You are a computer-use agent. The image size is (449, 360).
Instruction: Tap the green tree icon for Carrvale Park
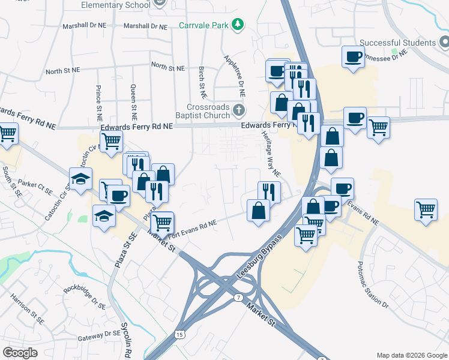(239, 25)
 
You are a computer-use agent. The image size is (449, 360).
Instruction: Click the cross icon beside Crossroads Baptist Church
(239, 110)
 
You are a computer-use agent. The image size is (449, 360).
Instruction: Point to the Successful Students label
(397, 43)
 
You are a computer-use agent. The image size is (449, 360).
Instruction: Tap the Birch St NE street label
(202, 83)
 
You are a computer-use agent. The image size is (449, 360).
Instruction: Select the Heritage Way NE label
(271, 154)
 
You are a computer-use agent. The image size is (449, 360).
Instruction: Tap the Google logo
(20, 352)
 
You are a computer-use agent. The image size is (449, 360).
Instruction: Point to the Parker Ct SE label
(36, 187)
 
